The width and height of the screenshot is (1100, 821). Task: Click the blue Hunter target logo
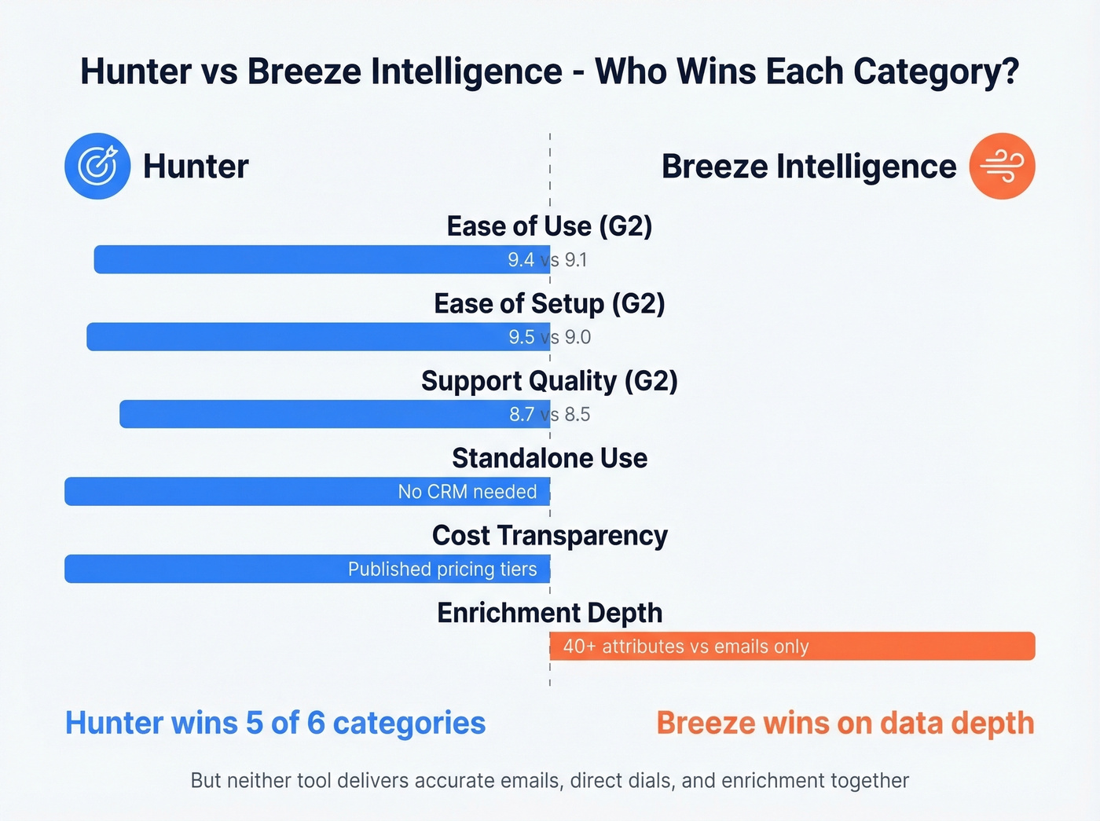(97, 166)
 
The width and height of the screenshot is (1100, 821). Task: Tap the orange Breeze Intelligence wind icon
(1002, 166)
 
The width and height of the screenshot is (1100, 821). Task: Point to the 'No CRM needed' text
(467, 492)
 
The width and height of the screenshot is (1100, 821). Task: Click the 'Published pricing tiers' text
(442, 569)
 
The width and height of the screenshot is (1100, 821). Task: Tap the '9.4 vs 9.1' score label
(547, 260)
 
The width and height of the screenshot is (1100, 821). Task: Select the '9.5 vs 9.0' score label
(549, 337)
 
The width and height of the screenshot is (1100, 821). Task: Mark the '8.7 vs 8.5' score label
(549, 414)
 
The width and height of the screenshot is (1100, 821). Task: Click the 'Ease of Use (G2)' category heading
(549, 226)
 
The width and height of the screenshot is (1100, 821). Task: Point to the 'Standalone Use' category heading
(549, 458)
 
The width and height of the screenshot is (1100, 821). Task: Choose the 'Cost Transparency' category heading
(549, 535)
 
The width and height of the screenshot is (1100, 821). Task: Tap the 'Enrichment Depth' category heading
(549, 613)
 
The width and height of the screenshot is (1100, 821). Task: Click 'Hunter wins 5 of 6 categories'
(275, 723)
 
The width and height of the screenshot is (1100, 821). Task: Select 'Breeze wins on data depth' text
(845, 723)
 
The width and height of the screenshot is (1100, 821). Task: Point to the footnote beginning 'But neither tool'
(549, 780)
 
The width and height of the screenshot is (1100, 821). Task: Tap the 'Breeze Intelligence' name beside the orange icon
(808, 167)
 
